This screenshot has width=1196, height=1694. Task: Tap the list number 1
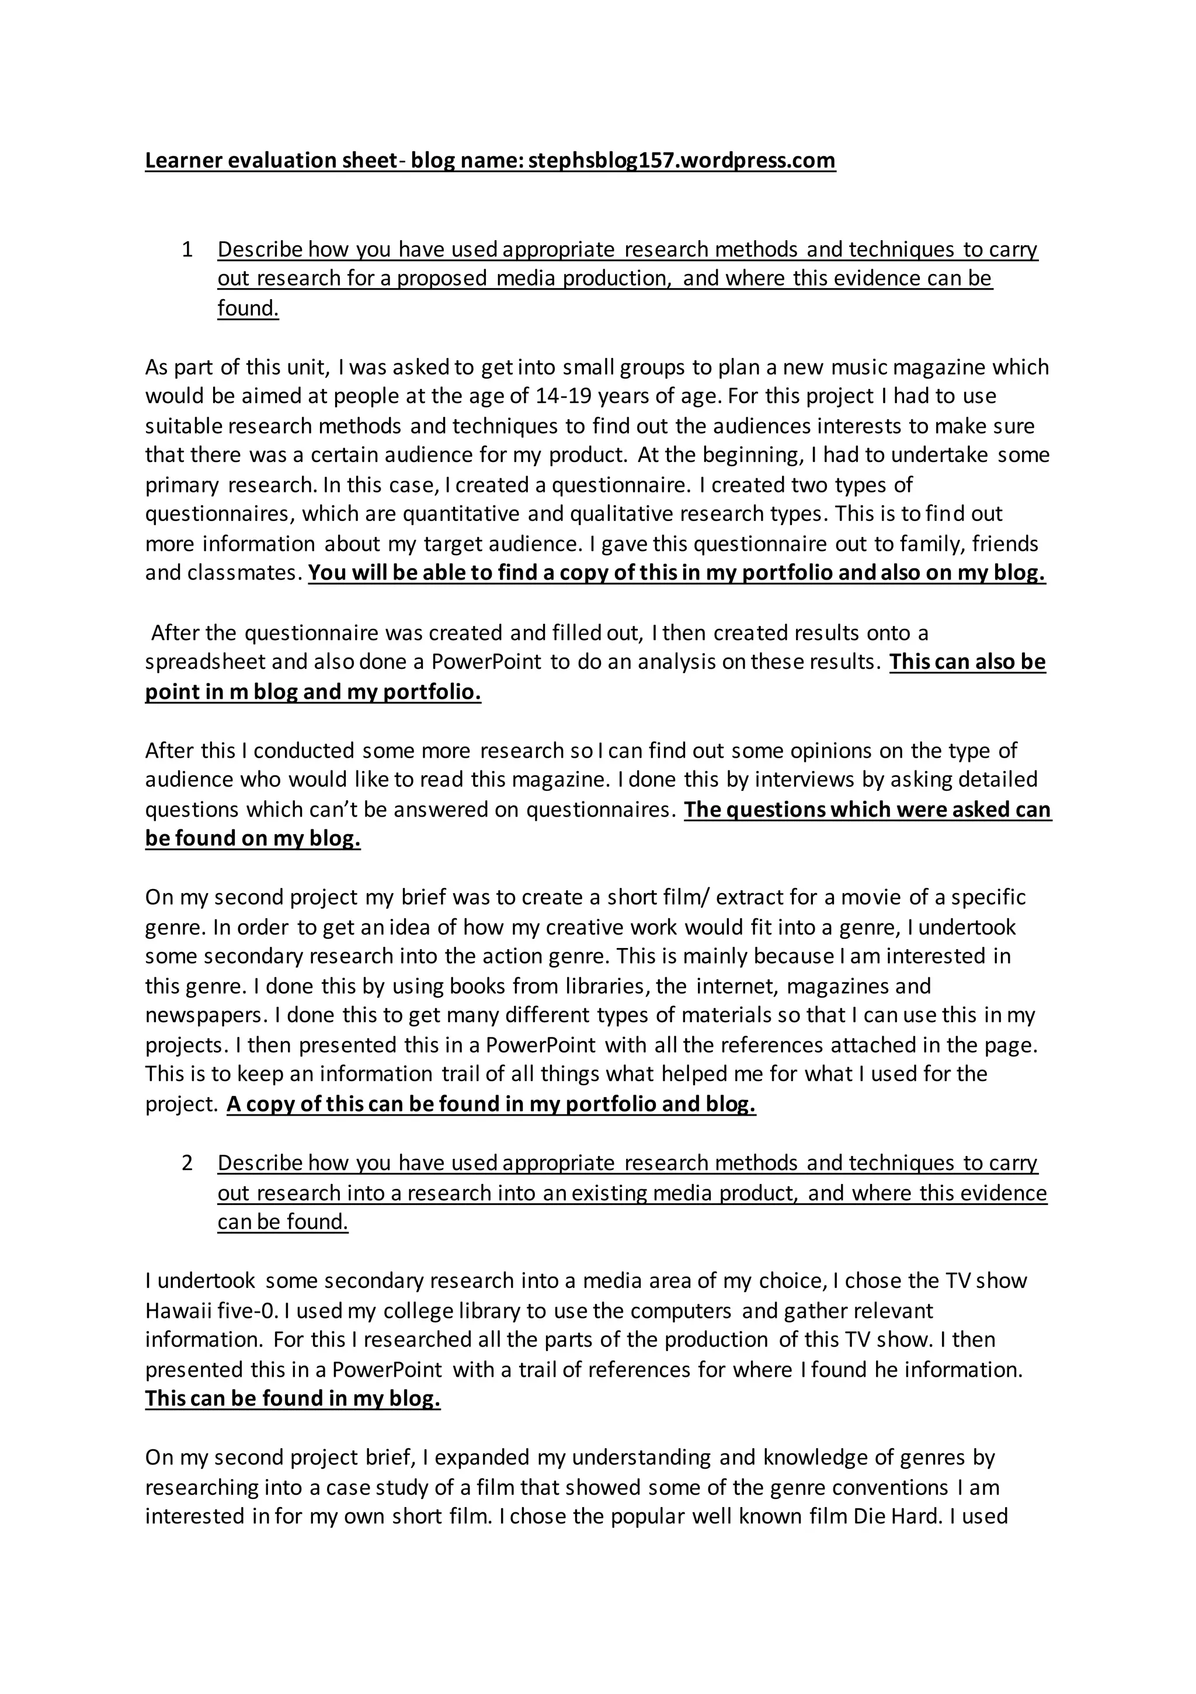[x=187, y=249]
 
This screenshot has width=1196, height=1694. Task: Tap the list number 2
[x=187, y=1163]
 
